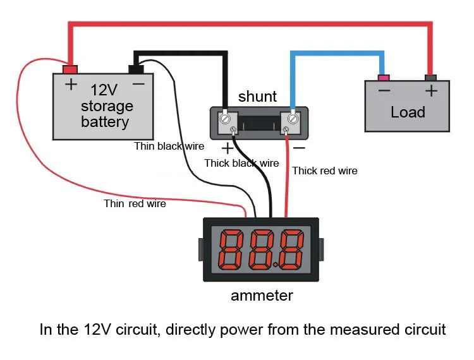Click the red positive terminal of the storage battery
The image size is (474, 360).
(70, 68)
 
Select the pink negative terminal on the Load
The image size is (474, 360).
(382, 78)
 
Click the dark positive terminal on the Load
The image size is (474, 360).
(431, 78)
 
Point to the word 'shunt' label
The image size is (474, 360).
(257, 97)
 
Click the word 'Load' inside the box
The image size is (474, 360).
(408, 112)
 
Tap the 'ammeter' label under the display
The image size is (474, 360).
(262, 296)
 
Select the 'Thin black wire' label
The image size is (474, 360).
(169, 146)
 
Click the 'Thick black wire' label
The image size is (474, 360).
(241, 163)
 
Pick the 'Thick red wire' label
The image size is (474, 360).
(325, 171)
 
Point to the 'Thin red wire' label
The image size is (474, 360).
(135, 203)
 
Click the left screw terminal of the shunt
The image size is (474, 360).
(225, 118)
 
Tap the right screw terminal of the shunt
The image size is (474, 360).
(293, 118)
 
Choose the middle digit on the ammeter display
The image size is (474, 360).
(261, 249)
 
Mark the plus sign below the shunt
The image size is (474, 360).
(227, 148)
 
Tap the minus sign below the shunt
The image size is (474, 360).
(299, 148)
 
